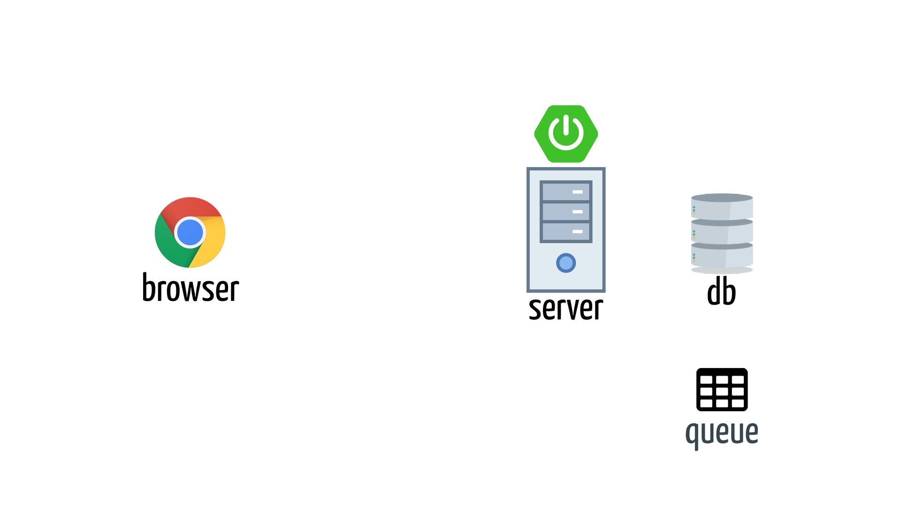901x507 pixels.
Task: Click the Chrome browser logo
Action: point(190,232)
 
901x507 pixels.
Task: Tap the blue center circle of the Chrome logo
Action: point(190,232)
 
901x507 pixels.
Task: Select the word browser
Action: point(191,288)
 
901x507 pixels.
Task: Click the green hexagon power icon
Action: point(566,134)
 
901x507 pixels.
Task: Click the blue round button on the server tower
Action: point(566,263)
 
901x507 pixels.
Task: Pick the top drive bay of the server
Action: point(566,192)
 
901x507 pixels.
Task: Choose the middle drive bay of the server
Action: point(566,212)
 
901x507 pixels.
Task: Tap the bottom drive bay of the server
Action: point(566,231)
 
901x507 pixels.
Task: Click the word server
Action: point(566,308)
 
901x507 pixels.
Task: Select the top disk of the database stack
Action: point(722,207)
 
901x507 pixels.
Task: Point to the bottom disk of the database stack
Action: point(722,256)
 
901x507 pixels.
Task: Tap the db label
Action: point(721,292)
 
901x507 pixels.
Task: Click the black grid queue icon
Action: point(722,390)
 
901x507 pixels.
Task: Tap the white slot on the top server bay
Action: point(578,192)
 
